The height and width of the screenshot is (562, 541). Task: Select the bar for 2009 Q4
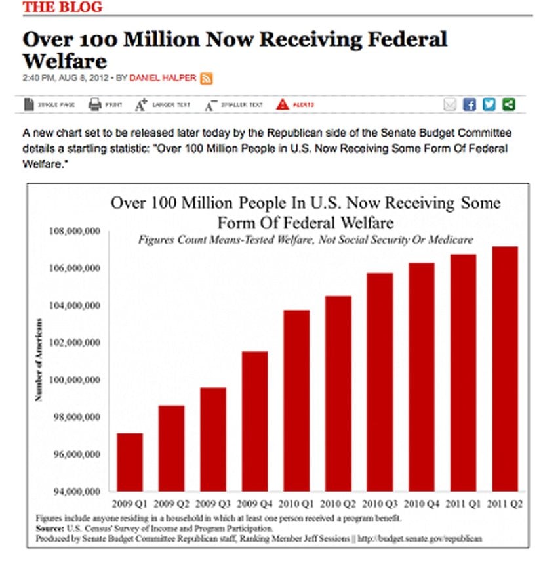click(x=254, y=421)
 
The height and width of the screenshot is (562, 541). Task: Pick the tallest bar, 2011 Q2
click(x=505, y=368)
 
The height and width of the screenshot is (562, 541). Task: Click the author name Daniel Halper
click(x=163, y=78)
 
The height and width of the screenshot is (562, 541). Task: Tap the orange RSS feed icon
click(x=206, y=78)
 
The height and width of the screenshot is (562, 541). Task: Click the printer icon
click(x=94, y=104)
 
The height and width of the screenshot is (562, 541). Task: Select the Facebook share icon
click(x=469, y=104)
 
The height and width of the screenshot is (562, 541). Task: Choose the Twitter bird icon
click(x=489, y=104)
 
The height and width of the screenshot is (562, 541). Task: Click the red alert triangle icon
click(x=282, y=104)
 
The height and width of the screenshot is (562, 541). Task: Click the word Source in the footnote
click(x=50, y=528)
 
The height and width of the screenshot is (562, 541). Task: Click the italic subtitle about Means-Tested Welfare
click(x=305, y=240)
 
